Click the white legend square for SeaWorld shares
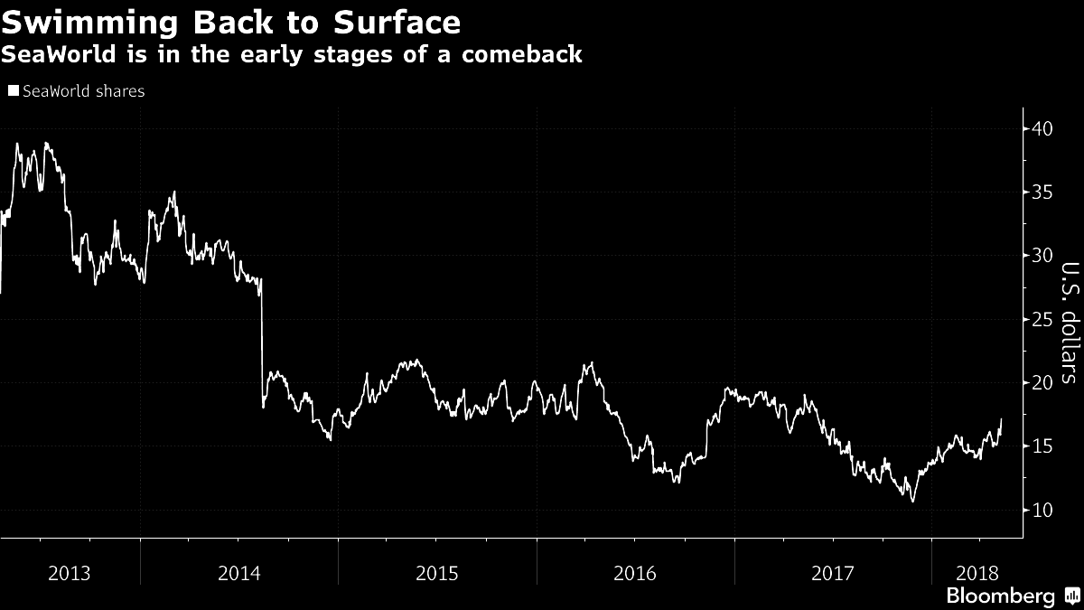pyautogui.click(x=13, y=91)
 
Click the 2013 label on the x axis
pyautogui.click(x=70, y=573)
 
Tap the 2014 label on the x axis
pyautogui.click(x=239, y=573)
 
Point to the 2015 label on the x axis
pyautogui.click(x=437, y=573)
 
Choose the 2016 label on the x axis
pyautogui.click(x=635, y=573)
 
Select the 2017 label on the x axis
pyautogui.click(x=833, y=573)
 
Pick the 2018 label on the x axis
pyautogui.click(x=977, y=573)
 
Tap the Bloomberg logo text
pyautogui.click(x=1000, y=596)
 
